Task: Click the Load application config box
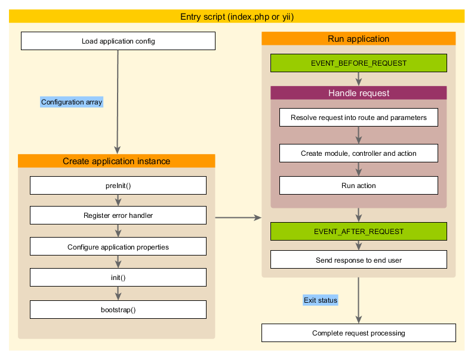[x=118, y=41]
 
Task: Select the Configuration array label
[x=72, y=102]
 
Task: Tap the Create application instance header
[x=116, y=161]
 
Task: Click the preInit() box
[x=118, y=185]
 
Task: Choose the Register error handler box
[x=118, y=215]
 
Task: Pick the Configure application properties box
[x=118, y=247]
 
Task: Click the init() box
[x=118, y=278]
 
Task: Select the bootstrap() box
[x=118, y=309]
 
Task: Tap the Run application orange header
[x=358, y=39]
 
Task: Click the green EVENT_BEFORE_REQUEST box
[x=358, y=63]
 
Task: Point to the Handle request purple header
[x=358, y=93]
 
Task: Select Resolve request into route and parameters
[x=358, y=118]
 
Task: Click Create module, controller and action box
[x=358, y=153]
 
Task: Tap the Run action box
[x=358, y=186]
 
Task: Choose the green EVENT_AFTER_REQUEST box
[x=358, y=231]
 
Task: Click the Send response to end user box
[x=358, y=260]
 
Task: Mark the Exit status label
[x=321, y=300]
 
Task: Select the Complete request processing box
[x=358, y=333]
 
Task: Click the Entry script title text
[x=237, y=17]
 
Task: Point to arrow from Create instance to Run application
[x=238, y=217]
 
